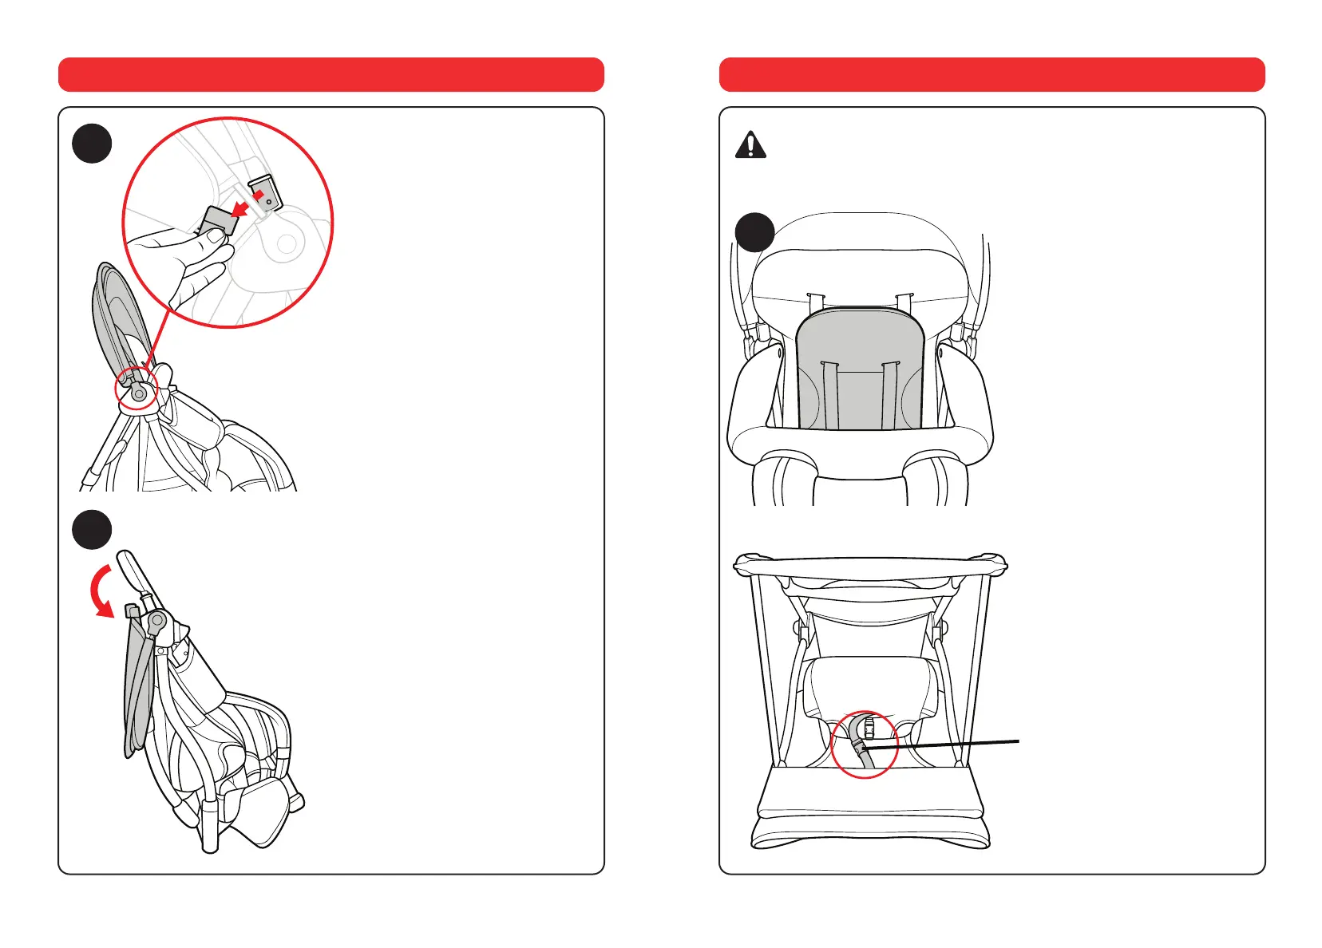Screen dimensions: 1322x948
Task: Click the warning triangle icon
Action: [750, 145]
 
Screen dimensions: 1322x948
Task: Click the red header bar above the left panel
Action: [330, 74]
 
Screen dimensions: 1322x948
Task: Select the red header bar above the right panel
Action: [991, 74]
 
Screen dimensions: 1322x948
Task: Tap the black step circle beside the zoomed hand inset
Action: [92, 144]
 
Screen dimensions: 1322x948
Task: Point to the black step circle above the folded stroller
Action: [92, 529]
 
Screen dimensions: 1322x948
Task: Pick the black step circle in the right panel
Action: [754, 232]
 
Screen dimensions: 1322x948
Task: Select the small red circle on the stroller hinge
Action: [137, 389]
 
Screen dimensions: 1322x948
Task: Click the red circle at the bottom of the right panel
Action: [865, 745]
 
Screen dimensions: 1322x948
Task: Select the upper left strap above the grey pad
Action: [814, 304]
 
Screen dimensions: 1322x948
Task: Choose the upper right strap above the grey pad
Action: [904, 304]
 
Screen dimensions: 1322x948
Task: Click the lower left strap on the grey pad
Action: [829, 395]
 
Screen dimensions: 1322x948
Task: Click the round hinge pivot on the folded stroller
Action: [157, 619]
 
